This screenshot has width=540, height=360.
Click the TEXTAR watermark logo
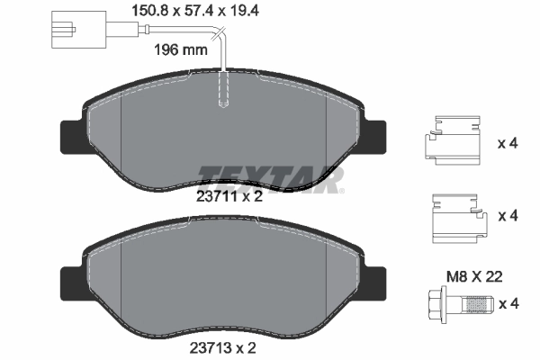pyautogui.click(x=270, y=177)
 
